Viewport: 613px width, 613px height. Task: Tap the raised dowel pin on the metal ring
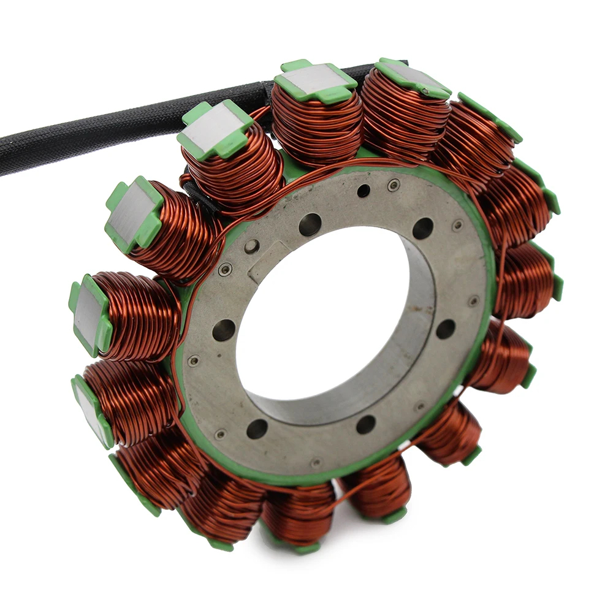(x=252, y=246)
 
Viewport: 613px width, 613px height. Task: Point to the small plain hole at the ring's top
(x=364, y=191)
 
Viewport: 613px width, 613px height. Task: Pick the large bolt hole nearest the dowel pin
(x=310, y=224)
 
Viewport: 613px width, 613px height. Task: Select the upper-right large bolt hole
(x=422, y=228)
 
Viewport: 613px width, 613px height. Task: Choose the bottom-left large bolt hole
(x=257, y=428)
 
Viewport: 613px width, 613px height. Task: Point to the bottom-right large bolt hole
(x=366, y=424)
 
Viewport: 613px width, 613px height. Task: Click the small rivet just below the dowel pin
(x=226, y=269)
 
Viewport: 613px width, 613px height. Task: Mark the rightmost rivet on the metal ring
(x=474, y=301)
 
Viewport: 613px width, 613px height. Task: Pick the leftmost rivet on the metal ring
(x=193, y=360)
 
